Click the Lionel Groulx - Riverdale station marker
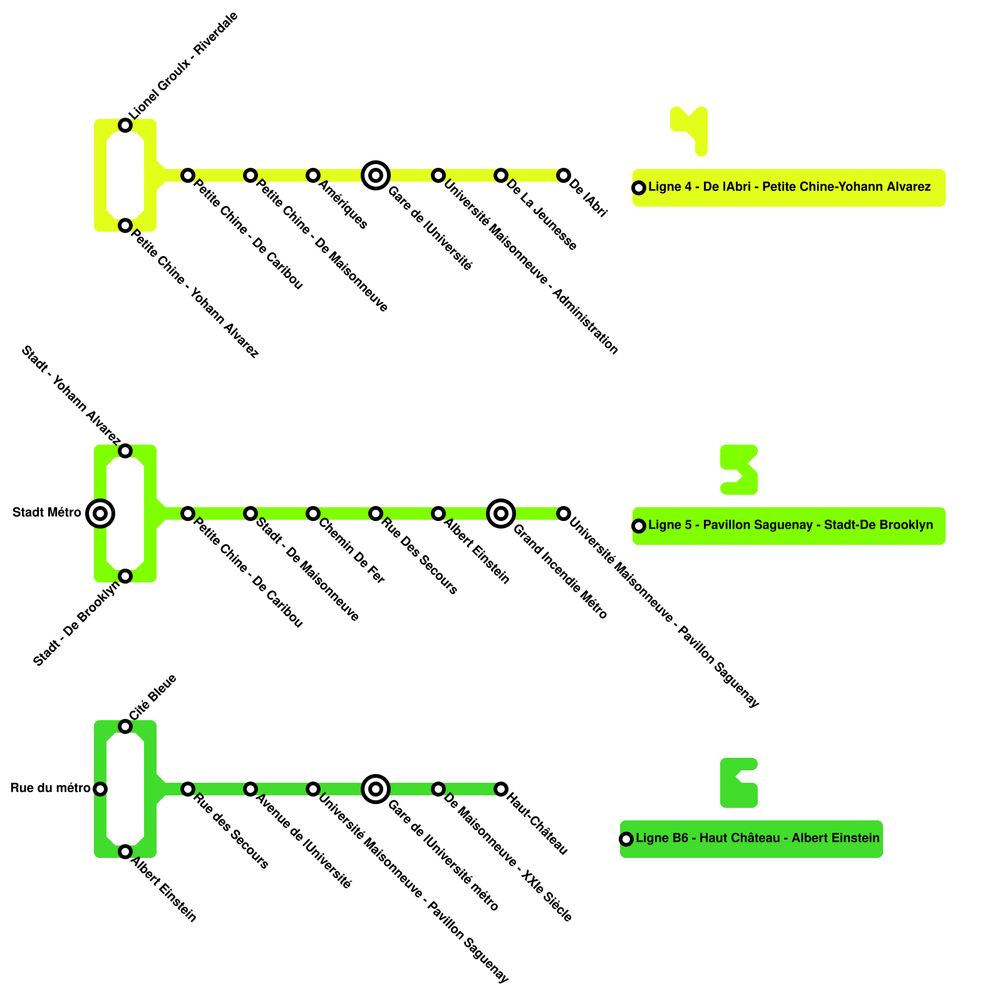pyautogui.click(x=125, y=125)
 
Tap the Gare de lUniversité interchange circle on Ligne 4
pyautogui.click(x=376, y=175)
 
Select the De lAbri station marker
pyautogui.click(x=564, y=175)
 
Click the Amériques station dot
pyautogui.click(x=313, y=175)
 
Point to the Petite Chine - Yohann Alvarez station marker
pyautogui.click(x=125, y=225)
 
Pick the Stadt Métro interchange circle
pyautogui.click(x=100, y=514)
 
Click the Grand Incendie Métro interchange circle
pyautogui.click(x=501, y=514)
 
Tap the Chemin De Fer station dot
pyautogui.click(x=313, y=514)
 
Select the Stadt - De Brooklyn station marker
pyautogui.click(x=125, y=576)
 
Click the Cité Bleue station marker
pyautogui.click(x=125, y=726)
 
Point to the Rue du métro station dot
pyautogui.click(x=100, y=789)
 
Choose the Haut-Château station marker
pyautogui.click(x=501, y=789)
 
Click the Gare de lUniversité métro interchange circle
pyautogui.click(x=376, y=789)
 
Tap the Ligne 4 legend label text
pyautogui.click(x=789, y=187)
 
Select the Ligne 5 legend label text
pyautogui.click(x=790, y=525)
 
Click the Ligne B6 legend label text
pyautogui.click(x=757, y=838)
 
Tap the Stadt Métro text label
pyautogui.click(x=47, y=513)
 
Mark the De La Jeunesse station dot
pyautogui.click(x=501, y=175)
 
